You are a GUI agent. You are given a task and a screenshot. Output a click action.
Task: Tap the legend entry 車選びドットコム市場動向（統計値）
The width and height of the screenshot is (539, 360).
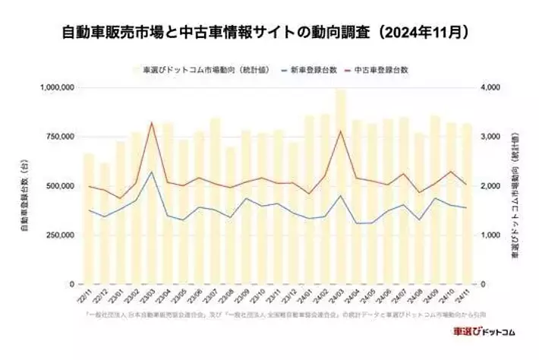[196, 69]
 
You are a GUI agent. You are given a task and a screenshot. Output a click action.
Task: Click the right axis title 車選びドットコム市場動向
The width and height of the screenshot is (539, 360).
[519, 185]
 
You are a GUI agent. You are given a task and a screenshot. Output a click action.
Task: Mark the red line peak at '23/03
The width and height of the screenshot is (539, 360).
[152, 122]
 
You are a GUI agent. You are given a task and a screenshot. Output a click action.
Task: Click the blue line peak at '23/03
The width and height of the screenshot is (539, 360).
[152, 172]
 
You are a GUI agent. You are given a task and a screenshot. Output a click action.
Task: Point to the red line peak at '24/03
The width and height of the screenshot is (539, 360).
[341, 131]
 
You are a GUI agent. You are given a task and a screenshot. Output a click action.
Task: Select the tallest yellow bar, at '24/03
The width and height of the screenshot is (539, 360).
[341, 190]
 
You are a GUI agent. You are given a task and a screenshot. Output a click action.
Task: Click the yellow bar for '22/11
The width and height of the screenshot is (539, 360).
[89, 220]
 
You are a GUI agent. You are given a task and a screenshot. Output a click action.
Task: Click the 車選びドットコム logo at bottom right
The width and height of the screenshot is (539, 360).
[483, 333]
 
